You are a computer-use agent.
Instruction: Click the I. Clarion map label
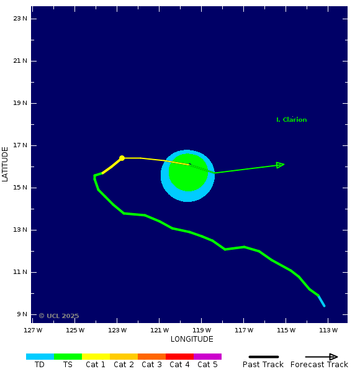click(291, 120)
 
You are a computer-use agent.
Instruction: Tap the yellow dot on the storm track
click(122, 158)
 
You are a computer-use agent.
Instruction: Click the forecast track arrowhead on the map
click(281, 165)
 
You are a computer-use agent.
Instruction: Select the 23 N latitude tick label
click(20, 19)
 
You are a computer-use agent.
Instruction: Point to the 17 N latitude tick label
click(20, 145)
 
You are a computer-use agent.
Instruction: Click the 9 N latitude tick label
click(22, 314)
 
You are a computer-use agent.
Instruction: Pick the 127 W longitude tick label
click(33, 330)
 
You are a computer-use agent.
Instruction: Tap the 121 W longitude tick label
click(160, 330)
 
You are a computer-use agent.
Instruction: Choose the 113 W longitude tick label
click(328, 330)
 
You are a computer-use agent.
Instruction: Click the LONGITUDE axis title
click(192, 339)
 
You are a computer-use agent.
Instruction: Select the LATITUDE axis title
click(6, 164)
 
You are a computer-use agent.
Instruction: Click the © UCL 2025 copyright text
click(59, 316)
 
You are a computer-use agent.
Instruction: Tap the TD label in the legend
click(40, 365)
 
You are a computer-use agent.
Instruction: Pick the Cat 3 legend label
click(151, 365)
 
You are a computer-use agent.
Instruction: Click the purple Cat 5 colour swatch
click(207, 357)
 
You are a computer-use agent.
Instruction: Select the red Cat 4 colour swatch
click(179, 357)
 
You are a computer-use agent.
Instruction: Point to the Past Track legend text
click(263, 365)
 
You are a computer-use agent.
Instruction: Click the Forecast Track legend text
click(319, 365)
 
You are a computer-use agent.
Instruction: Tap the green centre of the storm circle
click(188, 173)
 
